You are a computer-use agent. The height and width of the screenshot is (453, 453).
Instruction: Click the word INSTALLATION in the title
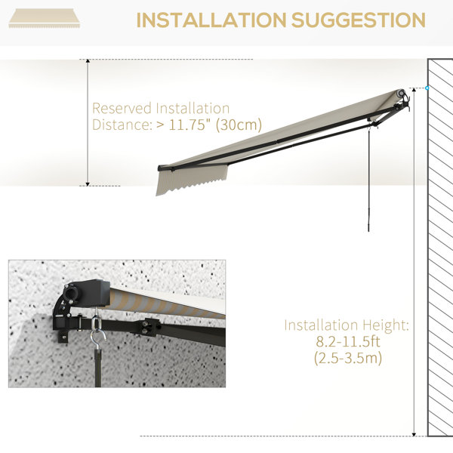[211, 20]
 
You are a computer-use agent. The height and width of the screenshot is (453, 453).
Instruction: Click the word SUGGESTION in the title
[358, 20]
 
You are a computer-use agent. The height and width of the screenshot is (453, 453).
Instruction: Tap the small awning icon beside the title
[45, 18]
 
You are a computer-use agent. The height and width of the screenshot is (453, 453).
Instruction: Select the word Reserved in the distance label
[122, 108]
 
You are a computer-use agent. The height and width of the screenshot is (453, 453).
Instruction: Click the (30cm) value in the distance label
[239, 125]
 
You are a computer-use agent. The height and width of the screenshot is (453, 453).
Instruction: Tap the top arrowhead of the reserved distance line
[88, 61]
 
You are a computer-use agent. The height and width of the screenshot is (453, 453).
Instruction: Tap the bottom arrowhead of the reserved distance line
[88, 184]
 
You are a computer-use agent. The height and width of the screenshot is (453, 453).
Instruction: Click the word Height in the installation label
[386, 325]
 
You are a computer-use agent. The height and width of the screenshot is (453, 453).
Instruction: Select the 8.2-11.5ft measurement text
[347, 341]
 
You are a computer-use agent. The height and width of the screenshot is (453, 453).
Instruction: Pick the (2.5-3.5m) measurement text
[348, 358]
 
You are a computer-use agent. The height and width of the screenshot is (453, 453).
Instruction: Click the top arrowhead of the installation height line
[414, 90]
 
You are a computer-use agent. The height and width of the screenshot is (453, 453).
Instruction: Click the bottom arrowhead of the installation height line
[414, 434]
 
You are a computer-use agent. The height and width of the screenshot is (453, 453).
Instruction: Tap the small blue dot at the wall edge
[427, 88]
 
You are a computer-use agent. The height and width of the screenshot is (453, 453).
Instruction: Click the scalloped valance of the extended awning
[191, 180]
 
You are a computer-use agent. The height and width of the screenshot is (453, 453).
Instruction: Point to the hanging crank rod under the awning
[368, 179]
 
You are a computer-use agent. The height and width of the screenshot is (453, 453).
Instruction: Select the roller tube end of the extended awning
[401, 94]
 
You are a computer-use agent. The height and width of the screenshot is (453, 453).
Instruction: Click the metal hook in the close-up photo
[97, 329]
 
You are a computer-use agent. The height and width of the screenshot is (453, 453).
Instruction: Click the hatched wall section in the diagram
[440, 248]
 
